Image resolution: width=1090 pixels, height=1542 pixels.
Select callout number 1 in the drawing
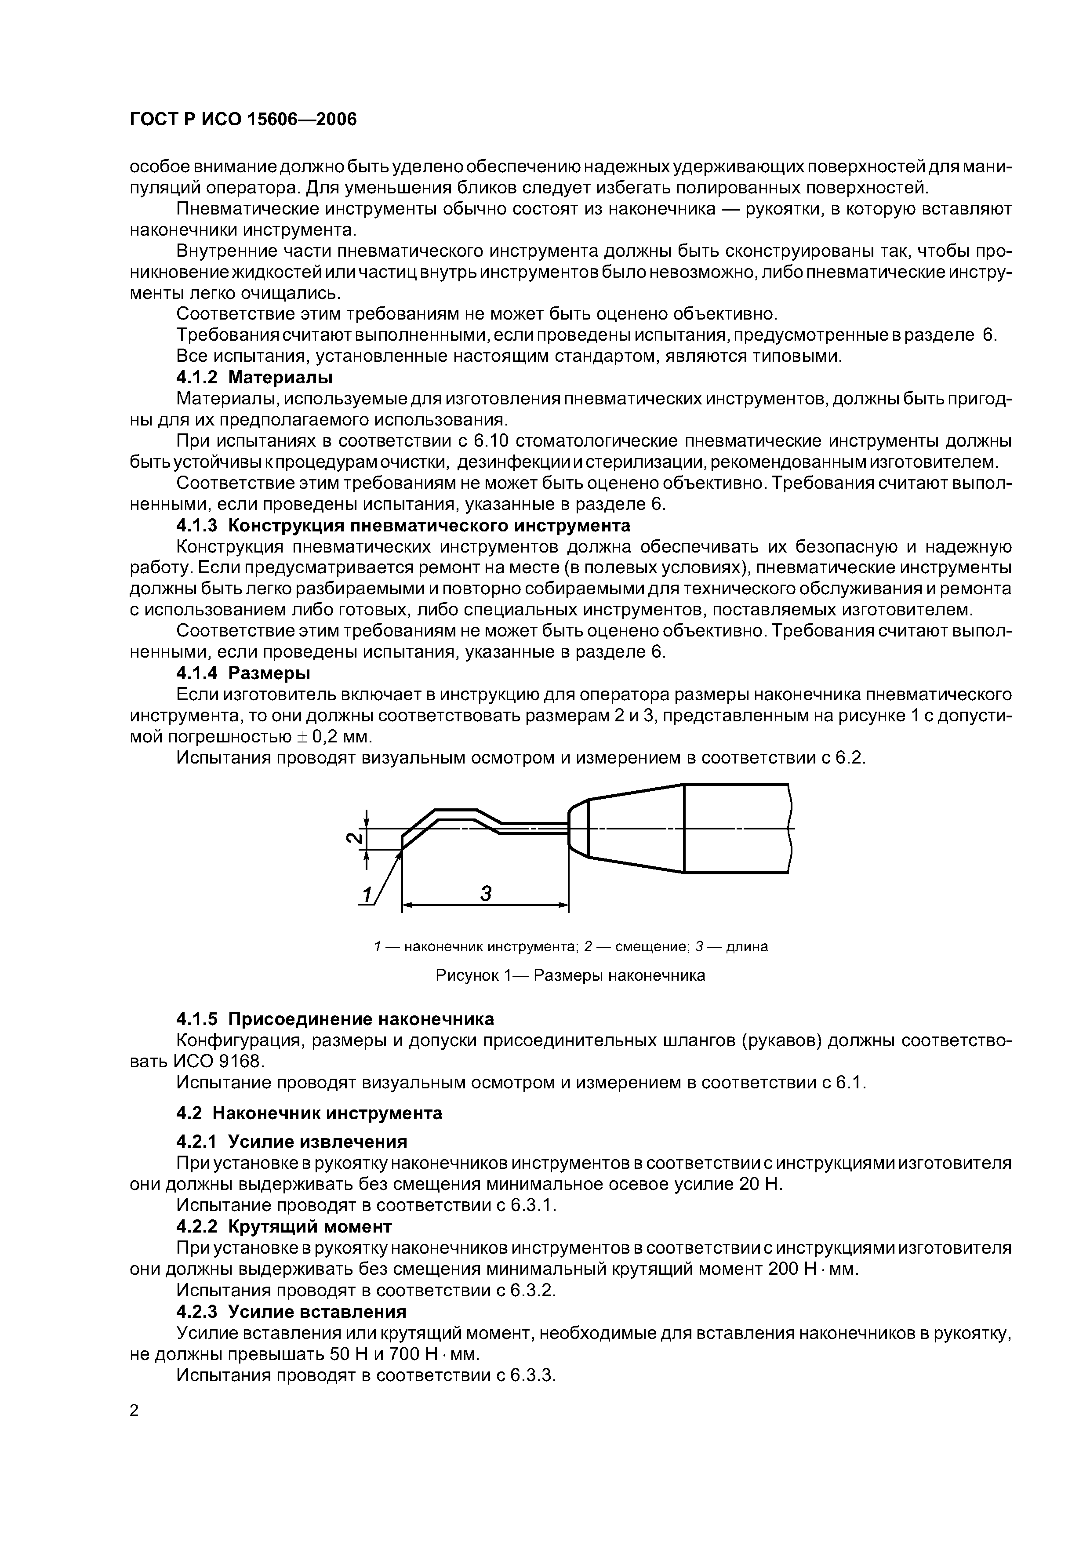click(x=367, y=895)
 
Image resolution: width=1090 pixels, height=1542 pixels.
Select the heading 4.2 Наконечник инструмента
click(x=309, y=1113)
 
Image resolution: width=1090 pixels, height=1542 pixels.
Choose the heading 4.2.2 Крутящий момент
click(x=283, y=1226)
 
